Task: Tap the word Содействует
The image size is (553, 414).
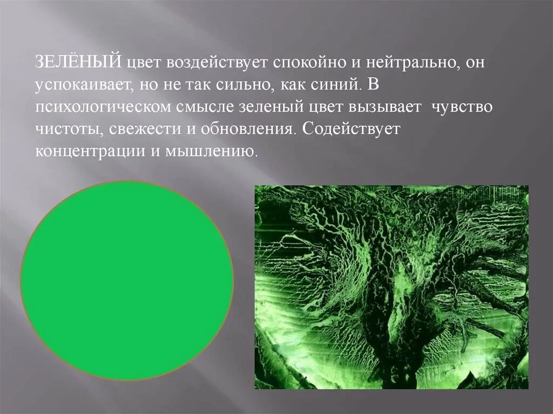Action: [350, 130]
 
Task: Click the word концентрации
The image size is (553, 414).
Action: [90, 152]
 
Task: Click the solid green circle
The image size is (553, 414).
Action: [127, 280]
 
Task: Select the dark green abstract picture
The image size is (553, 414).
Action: [391, 287]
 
